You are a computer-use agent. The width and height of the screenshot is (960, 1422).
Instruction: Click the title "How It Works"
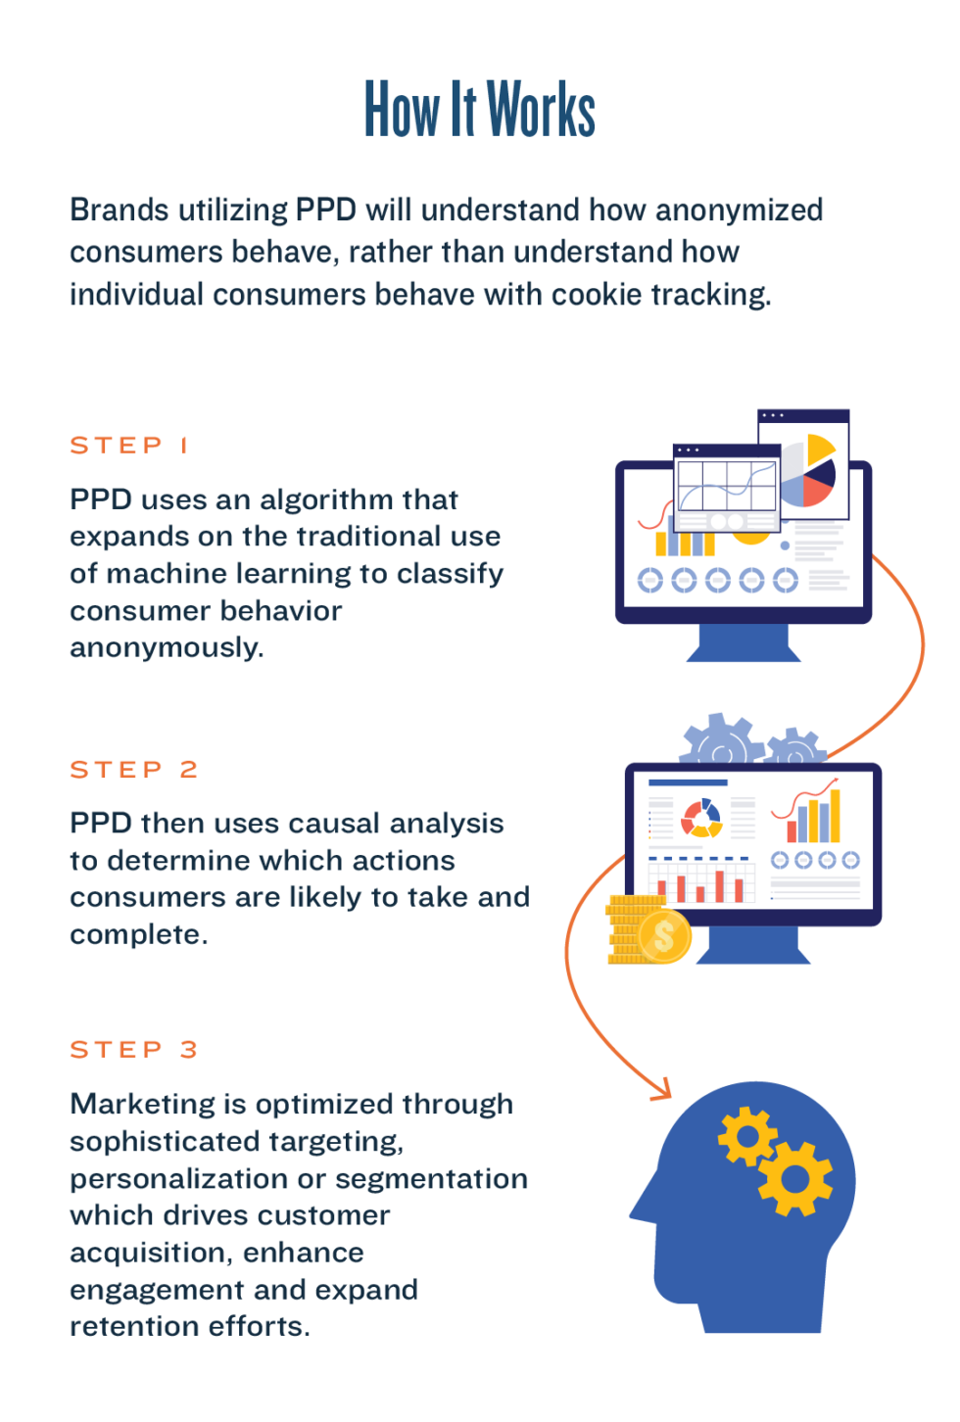479,109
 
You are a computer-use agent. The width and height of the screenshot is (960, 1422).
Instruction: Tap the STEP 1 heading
128,446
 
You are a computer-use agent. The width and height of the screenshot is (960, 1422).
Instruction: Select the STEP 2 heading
133,770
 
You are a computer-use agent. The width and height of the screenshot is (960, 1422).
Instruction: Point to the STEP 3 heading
133,1050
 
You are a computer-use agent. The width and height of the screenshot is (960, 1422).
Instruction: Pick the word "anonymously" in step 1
166,647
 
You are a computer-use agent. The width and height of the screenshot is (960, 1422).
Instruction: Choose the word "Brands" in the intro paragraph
119,211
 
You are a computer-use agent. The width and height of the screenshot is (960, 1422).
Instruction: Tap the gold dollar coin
664,935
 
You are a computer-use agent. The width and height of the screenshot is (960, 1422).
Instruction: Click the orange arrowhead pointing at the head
661,1087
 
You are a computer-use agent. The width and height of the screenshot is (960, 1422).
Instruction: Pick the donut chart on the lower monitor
701,819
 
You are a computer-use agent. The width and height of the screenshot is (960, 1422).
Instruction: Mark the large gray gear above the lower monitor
722,741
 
